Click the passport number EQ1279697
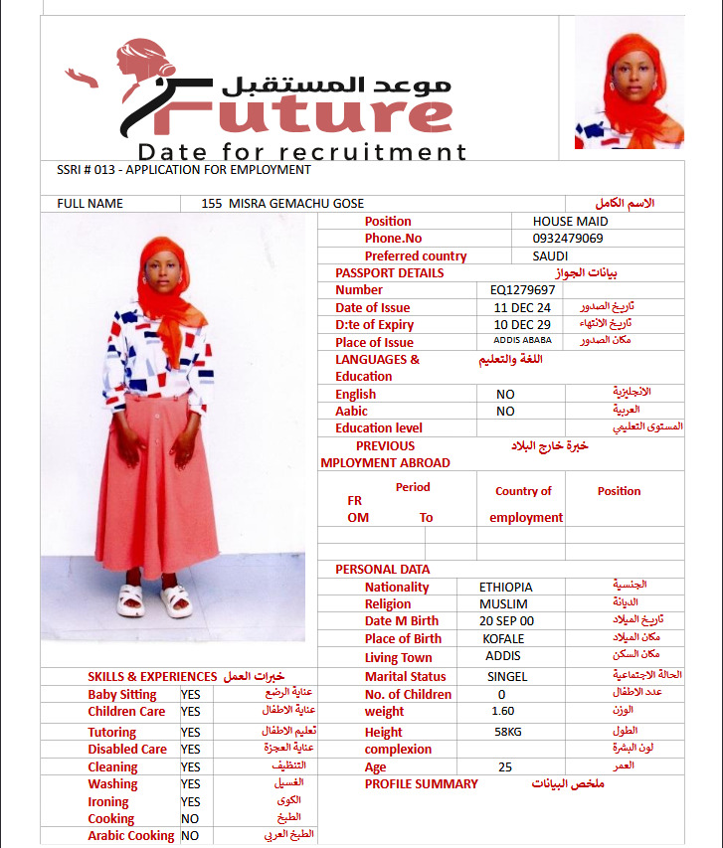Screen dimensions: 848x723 coord(522,290)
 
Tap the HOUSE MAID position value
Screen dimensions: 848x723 coord(570,222)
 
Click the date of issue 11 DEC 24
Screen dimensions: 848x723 coord(522,308)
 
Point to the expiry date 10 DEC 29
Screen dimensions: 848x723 coord(522,325)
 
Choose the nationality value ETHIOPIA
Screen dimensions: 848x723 coord(505,588)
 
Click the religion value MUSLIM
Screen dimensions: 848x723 coord(503,604)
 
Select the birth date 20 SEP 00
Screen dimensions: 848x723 coord(505,621)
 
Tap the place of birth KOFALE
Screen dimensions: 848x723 coord(503,639)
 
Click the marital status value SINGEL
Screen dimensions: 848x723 coord(507,677)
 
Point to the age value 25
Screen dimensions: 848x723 coord(505,767)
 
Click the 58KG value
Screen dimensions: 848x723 coord(508,732)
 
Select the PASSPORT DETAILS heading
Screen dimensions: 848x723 coord(389,273)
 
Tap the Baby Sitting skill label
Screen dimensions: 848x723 coord(122,695)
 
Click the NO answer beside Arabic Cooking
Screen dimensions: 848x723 coord(190,836)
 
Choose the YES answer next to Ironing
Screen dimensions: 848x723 coord(190,802)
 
